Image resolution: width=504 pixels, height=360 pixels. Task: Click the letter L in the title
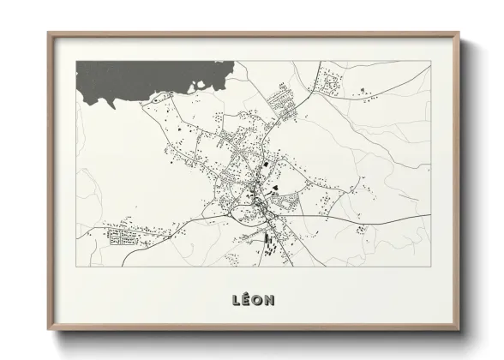coord(235,300)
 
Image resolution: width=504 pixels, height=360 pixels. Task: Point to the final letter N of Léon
coord(272,300)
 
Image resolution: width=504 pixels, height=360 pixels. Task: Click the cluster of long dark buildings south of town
coord(267,243)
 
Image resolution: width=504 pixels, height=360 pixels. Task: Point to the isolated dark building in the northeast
coord(363,89)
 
